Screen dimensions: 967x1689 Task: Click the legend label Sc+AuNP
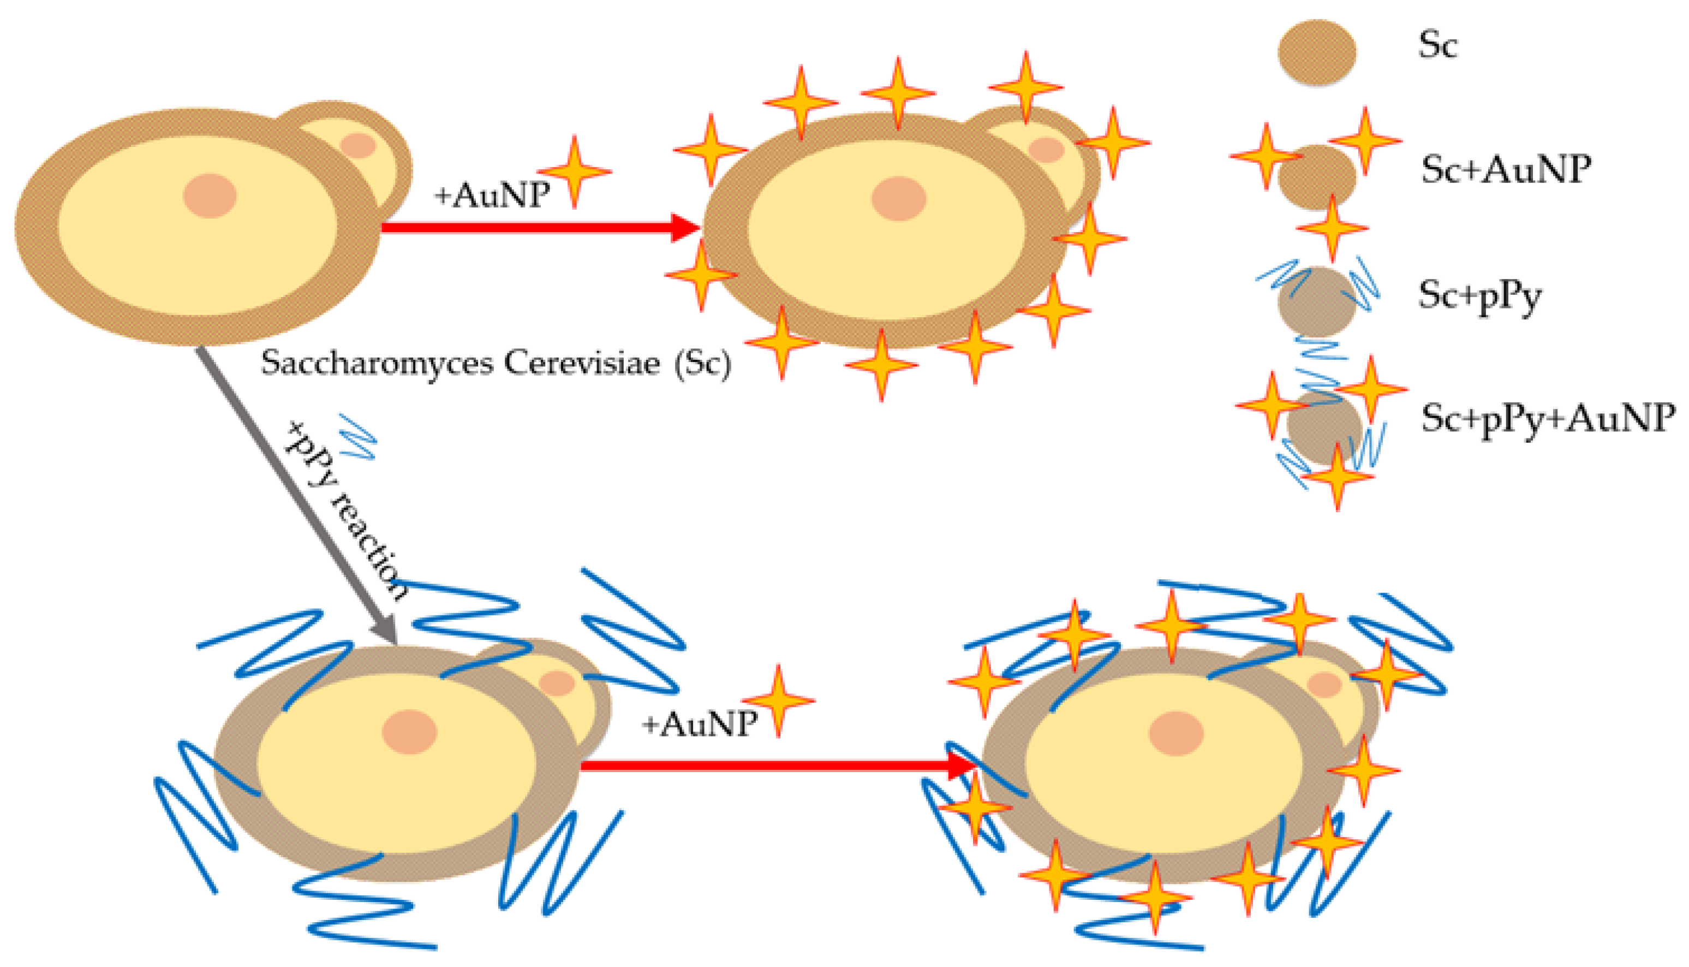(x=1505, y=170)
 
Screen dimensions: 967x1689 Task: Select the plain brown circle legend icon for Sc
(x=1317, y=52)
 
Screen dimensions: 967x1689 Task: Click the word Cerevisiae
(x=581, y=363)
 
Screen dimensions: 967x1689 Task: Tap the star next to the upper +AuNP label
(x=574, y=171)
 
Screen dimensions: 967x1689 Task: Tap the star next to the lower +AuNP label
(x=778, y=701)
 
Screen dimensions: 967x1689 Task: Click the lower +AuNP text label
(x=700, y=723)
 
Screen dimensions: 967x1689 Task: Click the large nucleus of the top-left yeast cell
(x=210, y=196)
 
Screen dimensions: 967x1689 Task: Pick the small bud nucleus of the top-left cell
(x=359, y=145)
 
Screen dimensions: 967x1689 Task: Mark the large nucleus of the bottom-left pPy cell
(x=409, y=732)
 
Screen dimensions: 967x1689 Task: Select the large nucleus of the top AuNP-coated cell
(x=899, y=198)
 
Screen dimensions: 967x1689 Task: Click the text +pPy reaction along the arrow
(x=345, y=512)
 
